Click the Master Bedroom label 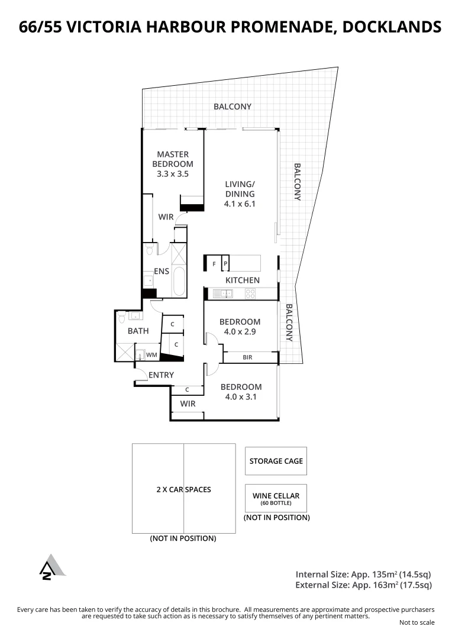click(173, 164)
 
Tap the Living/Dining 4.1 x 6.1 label click(240, 194)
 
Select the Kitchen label click(242, 280)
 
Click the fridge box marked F click(214, 263)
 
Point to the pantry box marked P click(225, 263)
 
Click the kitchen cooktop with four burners click(250, 293)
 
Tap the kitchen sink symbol click(224, 293)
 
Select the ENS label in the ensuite click(162, 272)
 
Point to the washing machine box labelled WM click(151, 355)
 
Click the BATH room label click(138, 331)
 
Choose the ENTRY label click(161, 375)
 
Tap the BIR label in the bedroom click(247, 357)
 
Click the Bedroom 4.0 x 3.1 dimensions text click(241, 397)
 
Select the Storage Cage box click(276, 461)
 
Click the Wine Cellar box click(276, 498)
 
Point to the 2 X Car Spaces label click(183, 489)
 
